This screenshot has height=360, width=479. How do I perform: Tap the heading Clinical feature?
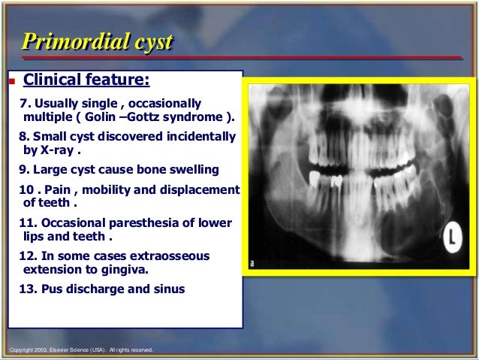point(86,80)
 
